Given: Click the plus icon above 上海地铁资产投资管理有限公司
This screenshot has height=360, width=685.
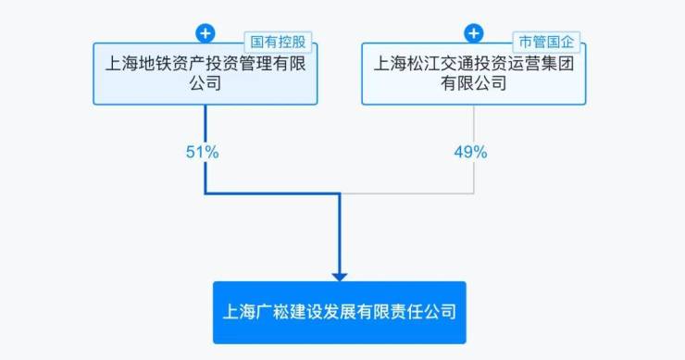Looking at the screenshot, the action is click(x=205, y=33).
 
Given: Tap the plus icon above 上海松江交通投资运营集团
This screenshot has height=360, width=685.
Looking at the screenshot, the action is click(x=474, y=33).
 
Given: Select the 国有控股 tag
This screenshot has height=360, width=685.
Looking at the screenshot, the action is click(x=278, y=42).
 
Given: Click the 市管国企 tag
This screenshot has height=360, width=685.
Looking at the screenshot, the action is click(x=546, y=42).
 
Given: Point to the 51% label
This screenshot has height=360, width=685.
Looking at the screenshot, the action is click(x=203, y=152).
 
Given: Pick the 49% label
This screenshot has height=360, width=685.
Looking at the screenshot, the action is click(x=470, y=152).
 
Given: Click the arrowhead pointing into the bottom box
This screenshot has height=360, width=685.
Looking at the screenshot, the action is click(x=340, y=277).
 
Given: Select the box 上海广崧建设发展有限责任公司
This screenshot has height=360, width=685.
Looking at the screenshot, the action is click(x=340, y=313).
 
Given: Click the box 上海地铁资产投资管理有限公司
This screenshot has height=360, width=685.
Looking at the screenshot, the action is click(x=205, y=73).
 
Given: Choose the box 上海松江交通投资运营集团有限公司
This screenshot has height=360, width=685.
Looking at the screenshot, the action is click(x=474, y=73).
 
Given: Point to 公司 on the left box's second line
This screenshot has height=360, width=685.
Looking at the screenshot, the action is click(x=205, y=83).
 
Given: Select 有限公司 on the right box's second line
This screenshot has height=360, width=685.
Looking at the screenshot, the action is click(x=474, y=83).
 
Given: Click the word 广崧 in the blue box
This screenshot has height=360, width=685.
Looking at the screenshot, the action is click(x=272, y=312).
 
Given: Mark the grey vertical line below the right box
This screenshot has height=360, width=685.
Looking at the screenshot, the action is click(x=474, y=149).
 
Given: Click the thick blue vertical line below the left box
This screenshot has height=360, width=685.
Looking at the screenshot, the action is click(x=205, y=149).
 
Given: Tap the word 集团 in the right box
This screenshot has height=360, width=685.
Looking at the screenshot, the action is click(x=557, y=64).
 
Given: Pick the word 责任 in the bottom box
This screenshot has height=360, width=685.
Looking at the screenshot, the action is click(x=406, y=312).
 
